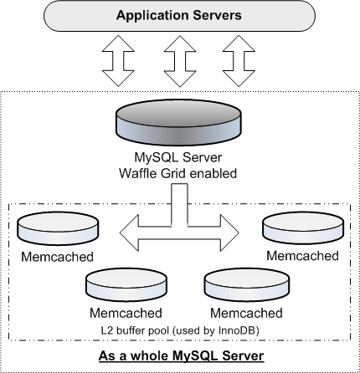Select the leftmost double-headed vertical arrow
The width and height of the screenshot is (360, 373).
118,61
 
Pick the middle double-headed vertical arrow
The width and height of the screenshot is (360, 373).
180,61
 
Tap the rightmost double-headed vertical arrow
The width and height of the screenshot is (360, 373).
239,61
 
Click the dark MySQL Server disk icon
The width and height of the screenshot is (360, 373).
178,123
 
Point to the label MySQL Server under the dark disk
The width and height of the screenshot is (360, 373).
178,157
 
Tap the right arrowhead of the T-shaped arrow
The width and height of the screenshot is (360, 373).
230,232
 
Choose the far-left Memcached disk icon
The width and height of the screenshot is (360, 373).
58,228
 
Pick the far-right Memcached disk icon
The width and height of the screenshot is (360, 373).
303,228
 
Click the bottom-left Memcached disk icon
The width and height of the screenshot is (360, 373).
126,285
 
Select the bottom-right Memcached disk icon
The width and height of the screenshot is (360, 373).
247,285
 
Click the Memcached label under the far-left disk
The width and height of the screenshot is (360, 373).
57,257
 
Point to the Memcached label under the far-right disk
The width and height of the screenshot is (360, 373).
303,256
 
